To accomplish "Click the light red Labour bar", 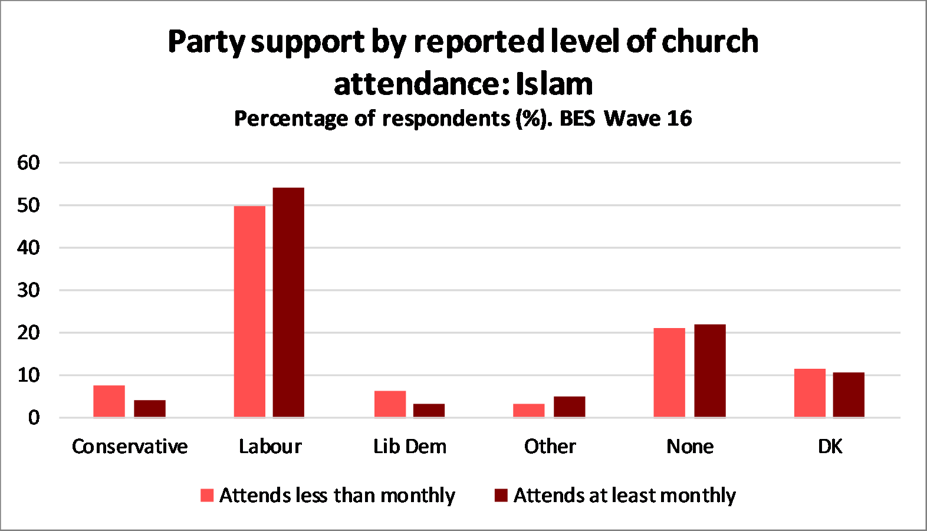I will (x=249, y=312).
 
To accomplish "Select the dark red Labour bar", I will (x=288, y=303).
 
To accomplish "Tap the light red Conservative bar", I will (x=109, y=401).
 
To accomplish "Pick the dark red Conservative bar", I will (x=150, y=409).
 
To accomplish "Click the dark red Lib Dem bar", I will (x=429, y=411).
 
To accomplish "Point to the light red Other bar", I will (x=529, y=411).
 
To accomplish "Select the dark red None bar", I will (x=710, y=371).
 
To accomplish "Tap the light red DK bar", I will (x=810, y=393).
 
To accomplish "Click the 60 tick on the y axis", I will (x=28, y=163).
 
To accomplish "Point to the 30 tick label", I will (x=28, y=290).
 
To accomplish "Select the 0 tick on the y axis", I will (x=34, y=418).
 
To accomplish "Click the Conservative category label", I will (x=130, y=447).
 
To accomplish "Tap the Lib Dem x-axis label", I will (x=410, y=447).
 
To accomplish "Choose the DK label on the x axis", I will (x=830, y=447).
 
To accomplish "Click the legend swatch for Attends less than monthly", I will (x=207, y=495).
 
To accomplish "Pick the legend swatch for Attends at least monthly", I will (x=501, y=495).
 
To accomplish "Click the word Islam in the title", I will (x=554, y=84).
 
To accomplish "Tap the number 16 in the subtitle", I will (x=679, y=119).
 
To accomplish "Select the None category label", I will (x=690, y=447).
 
